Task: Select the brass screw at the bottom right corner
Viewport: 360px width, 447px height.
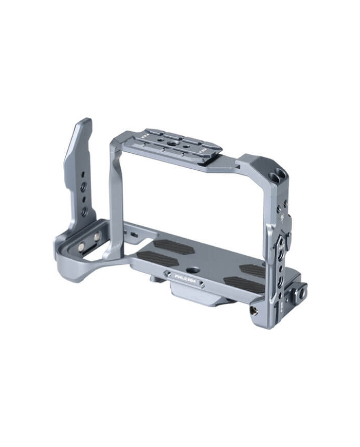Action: click(x=253, y=311)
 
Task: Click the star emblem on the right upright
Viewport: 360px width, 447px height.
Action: click(x=283, y=217)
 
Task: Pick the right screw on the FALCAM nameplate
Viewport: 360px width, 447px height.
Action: click(x=202, y=283)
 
